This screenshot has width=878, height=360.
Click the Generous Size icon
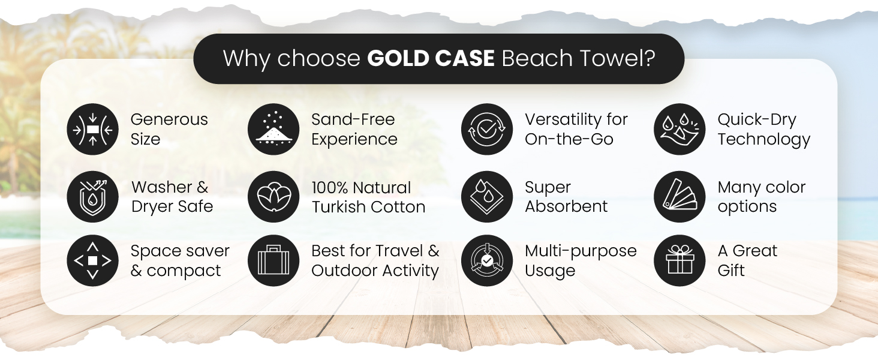click(92, 130)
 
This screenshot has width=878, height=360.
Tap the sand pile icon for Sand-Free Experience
click(273, 130)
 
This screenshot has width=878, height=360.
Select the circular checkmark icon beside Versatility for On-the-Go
click(487, 130)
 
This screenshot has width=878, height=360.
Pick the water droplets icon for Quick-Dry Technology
click(679, 130)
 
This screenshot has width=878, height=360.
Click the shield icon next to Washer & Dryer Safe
click(92, 197)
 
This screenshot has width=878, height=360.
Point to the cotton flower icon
click(273, 197)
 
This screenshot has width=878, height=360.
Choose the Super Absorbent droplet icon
click(487, 197)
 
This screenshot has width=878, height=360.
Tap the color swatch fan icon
click(679, 197)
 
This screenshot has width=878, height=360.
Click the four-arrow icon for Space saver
click(92, 260)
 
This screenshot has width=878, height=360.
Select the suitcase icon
click(273, 260)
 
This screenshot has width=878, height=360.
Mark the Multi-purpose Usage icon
click(487, 260)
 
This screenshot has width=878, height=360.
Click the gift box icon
click(679, 260)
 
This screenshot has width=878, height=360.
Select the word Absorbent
click(566, 206)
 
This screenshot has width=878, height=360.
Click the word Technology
click(763, 140)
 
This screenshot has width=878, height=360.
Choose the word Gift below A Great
click(731, 270)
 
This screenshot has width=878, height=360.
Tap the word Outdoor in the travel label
click(340, 270)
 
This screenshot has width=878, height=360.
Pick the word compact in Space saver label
click(184, 271)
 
